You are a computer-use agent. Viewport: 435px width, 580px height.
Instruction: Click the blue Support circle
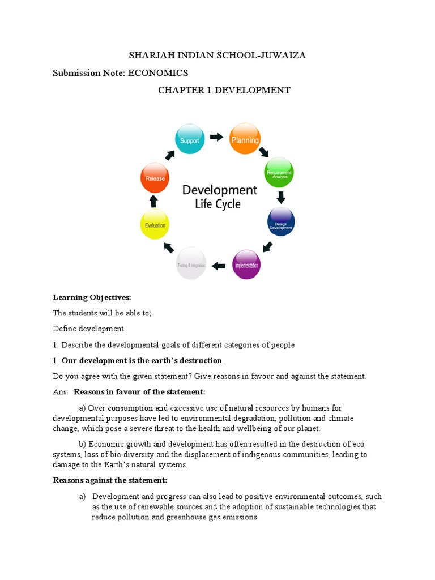click(x=190, y=140)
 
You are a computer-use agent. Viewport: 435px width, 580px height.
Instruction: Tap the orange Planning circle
click(x=245, y=139)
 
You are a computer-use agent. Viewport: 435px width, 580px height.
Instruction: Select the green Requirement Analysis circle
click(x=279, y=172)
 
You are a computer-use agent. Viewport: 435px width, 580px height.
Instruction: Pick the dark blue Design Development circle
click(x=280, y=221)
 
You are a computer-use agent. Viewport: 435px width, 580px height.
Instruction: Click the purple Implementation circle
click(x=247, y=264)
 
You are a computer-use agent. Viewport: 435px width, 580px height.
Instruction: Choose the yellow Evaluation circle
click(x=154, y=224)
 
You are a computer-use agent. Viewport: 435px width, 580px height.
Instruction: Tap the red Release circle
click(x=155, y=178)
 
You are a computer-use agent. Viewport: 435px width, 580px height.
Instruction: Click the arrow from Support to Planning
click(x=216, y=137)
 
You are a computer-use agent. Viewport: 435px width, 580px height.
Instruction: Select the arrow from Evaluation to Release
click(x=153, y=201)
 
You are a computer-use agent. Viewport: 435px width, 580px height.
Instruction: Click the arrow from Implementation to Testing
click(x=218, y=265)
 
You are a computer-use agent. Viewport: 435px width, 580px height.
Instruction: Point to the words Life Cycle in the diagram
click(x=218, y=204)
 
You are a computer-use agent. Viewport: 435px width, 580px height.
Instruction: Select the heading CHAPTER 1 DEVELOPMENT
click(x=224, y=91)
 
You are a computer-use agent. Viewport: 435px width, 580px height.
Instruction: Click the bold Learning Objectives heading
click(x=92, y=297)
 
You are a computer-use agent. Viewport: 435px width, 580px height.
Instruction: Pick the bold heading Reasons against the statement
click(x=110, y=481)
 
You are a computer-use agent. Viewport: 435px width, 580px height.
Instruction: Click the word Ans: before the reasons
click(x=61, y=392)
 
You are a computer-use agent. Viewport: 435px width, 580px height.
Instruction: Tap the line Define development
click(x=88, y=329)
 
